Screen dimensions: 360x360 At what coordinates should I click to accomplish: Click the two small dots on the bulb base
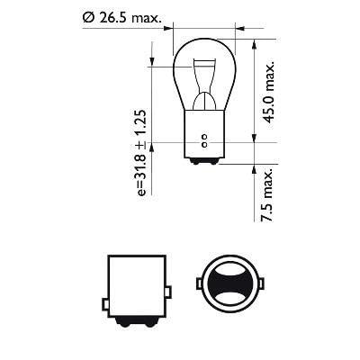(x=205, y=141)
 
